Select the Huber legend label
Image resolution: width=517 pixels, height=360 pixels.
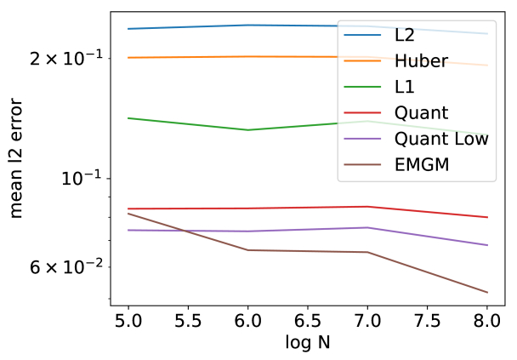[422, 61]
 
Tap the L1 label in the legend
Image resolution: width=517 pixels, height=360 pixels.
[405, 87]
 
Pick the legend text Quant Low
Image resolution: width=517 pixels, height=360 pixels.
[441, 138]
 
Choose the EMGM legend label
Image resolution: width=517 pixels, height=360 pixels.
[421, 163]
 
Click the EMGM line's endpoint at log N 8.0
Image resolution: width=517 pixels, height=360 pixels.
[487, 293]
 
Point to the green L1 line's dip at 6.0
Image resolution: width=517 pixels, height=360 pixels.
[247, 130]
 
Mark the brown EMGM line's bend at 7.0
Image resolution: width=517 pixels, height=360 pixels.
[367, 252]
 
